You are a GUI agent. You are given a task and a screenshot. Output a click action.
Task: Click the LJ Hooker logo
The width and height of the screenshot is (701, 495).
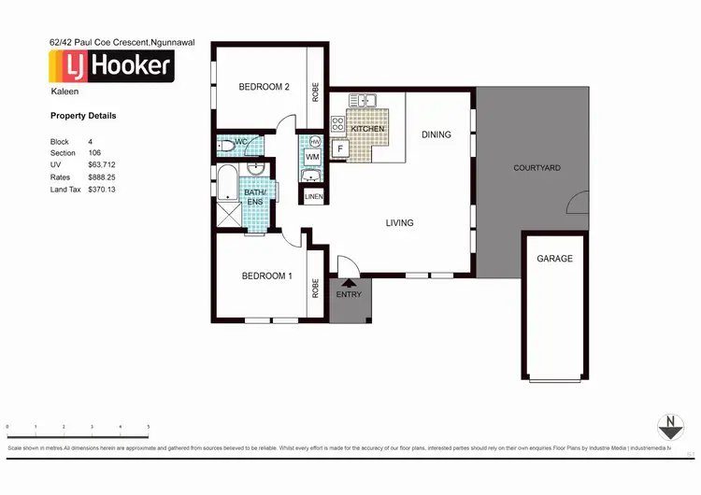[110, 65]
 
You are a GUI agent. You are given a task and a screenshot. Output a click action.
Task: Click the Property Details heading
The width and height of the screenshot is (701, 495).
[83, 117]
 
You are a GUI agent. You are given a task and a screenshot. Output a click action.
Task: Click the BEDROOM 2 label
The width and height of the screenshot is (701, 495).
[264, 87]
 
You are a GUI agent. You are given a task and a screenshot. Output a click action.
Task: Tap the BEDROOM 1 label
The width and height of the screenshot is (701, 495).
[267, 276]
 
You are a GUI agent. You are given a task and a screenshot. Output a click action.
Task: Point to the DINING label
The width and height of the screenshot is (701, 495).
[436, 134]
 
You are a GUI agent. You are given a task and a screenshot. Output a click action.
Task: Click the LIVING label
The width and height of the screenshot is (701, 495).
[400, 222]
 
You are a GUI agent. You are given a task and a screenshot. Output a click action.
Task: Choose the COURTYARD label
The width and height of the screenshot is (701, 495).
[536, 168]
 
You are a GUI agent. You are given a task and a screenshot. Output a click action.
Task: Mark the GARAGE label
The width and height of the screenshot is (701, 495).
[554, 259]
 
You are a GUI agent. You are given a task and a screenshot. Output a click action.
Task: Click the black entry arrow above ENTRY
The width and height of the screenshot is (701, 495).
[350, 283]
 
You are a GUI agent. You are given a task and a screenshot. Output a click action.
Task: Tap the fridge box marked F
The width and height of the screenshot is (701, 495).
[340, 148]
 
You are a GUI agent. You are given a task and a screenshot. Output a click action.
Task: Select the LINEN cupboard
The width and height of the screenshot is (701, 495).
[313, 197]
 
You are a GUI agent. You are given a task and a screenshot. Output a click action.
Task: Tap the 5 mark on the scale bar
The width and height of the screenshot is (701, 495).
[148, 427]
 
